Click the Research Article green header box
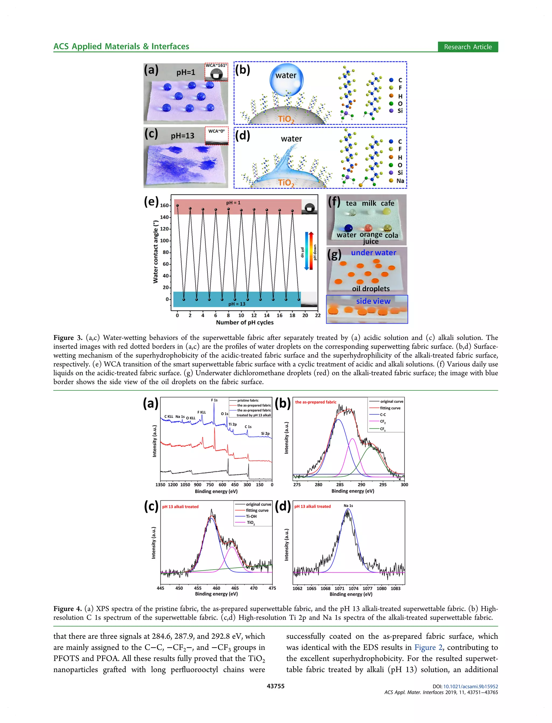click(x=468, y=47)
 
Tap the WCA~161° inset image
click(x=216, y=72)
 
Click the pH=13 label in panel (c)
click(x=182, y=135)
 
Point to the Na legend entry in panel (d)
click(x=400, y=180)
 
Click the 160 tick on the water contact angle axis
click(x=164, y=206)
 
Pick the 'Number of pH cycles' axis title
click(x=244, y=322)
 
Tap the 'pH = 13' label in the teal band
click(x=237, y=304)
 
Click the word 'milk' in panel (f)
click(x=369, y=203)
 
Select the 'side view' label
click(x=373, y=301)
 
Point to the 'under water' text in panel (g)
click(x=374, y=253)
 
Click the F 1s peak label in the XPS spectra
click(x=214, y=400)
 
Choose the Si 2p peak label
click(x=265, y=433)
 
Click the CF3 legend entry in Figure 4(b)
click(x=383, y=429)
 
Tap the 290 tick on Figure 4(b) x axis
click(x=361, y=484)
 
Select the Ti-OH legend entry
click(x=251, y=516)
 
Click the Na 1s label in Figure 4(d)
click(x=348, y=506)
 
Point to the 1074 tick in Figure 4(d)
click(x=354, y=588)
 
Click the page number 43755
click(x=276, y=686)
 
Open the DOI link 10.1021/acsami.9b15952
click(x=471, y=687)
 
